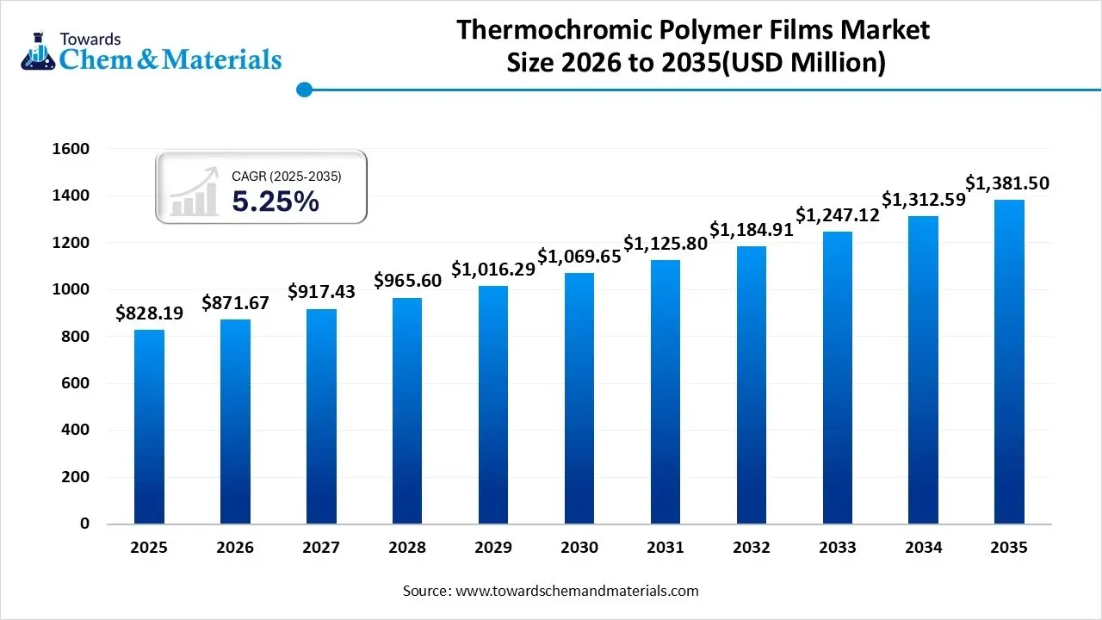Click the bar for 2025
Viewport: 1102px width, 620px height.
click(x=149, y=426)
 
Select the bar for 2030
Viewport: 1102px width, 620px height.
click(x=579, y=398)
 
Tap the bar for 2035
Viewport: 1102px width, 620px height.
click(x=1009, y=362)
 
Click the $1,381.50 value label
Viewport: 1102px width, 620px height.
click(x=1006, y=183)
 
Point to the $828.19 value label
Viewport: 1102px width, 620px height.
click(x=149, y=313)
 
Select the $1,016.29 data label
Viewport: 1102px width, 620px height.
click(x=493, y=269)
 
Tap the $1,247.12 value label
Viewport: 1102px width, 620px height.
click(x=837, y=214)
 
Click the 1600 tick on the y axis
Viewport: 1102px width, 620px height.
click(x=71, y=149)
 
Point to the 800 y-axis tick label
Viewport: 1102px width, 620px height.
click(x=75, y=337)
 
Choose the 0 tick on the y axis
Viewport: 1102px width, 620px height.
click(x=84, y=524)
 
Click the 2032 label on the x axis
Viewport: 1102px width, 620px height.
click(x=751, y=548)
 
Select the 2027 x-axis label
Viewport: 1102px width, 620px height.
click(x=321, y=548)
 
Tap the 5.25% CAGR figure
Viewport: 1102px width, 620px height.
click(x=275, y=201)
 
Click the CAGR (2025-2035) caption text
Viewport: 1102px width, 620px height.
click(x=287, y=177)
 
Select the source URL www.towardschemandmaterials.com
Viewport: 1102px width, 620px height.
click(x=576, y=591)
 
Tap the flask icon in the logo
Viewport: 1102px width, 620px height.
click(x=38, y=52)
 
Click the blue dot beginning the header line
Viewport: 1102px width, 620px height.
click(x=303, y=89)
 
